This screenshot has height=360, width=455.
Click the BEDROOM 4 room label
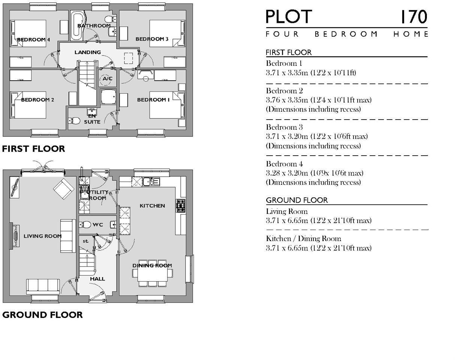[x=33, y=40]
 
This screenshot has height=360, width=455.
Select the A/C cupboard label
[x=108, y=79]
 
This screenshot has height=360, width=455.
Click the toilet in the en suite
[x=75, y=120]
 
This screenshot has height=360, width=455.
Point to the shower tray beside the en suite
[x=109, y=97]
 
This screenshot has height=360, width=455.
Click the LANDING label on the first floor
[x=88, y=52]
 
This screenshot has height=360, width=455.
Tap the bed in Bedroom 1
[x=167, y=105]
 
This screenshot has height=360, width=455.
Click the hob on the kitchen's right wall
[x=181, y=206]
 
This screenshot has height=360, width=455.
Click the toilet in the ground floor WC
[x=85, y=225]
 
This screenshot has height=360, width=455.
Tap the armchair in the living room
[x=64, y=189]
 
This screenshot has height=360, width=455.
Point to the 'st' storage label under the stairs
[x=85, y=241]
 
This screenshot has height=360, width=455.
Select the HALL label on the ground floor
[x=97, y=279]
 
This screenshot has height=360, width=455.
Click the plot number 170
[x=413, y=17]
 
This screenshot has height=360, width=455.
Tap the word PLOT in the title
[x=289, y=17]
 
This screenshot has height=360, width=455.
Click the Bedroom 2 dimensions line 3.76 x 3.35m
[x=319, y=100]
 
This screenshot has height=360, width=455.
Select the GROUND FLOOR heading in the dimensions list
[x=297, y=200]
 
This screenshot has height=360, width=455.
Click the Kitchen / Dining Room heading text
[x=304, y=238]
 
